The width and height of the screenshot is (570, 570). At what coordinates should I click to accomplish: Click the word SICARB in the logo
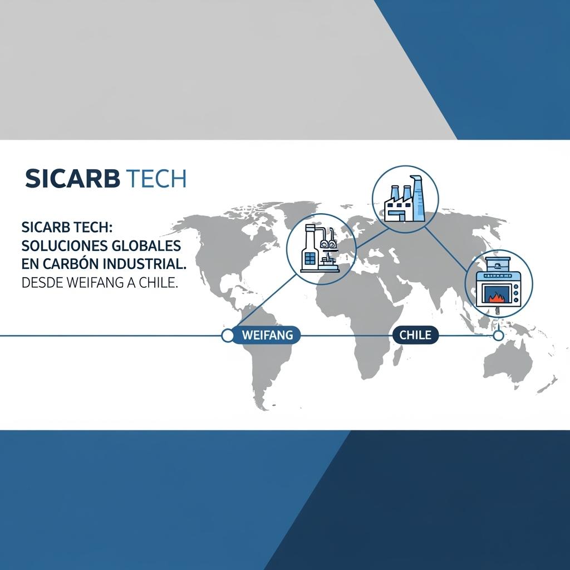click(72, 179)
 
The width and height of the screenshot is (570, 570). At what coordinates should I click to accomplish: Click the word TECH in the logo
click(158, 179)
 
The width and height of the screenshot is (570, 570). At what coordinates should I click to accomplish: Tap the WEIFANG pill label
click(267, 335)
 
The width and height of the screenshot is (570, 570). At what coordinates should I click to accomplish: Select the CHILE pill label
click(415, 335)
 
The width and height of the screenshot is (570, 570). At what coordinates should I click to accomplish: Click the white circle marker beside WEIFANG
click(228, 336)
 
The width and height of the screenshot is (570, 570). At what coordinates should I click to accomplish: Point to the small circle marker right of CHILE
click(498, 336)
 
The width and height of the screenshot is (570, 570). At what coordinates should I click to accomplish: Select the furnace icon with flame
click(499, 283)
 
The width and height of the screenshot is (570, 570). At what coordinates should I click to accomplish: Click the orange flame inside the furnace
click(495, 297)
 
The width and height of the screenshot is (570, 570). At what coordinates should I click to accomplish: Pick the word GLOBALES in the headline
click(146, 246)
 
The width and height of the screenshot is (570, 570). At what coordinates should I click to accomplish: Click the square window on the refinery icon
click(310, 258)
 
